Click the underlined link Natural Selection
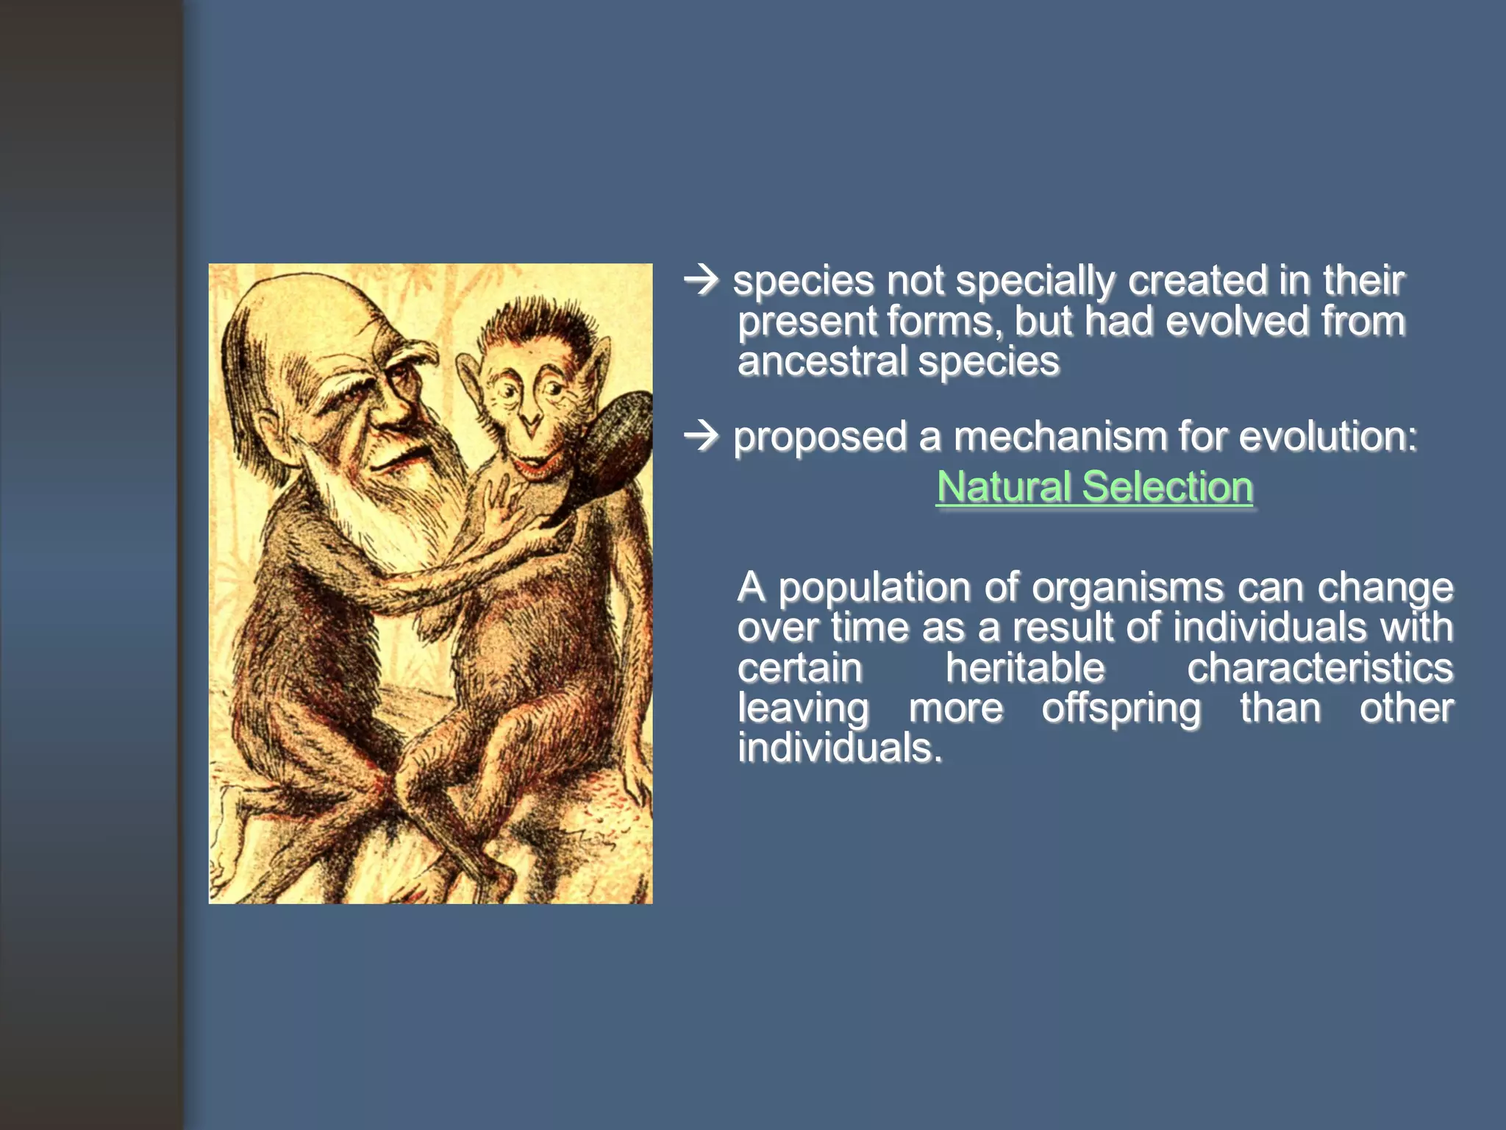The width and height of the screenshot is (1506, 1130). (1094, 487)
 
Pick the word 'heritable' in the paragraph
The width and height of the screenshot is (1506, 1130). (1024, 668)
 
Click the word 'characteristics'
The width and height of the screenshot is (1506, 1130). (1320, 668)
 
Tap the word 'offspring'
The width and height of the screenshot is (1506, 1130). (1121, 708)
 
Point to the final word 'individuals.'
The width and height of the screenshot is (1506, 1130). (840, 748)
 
